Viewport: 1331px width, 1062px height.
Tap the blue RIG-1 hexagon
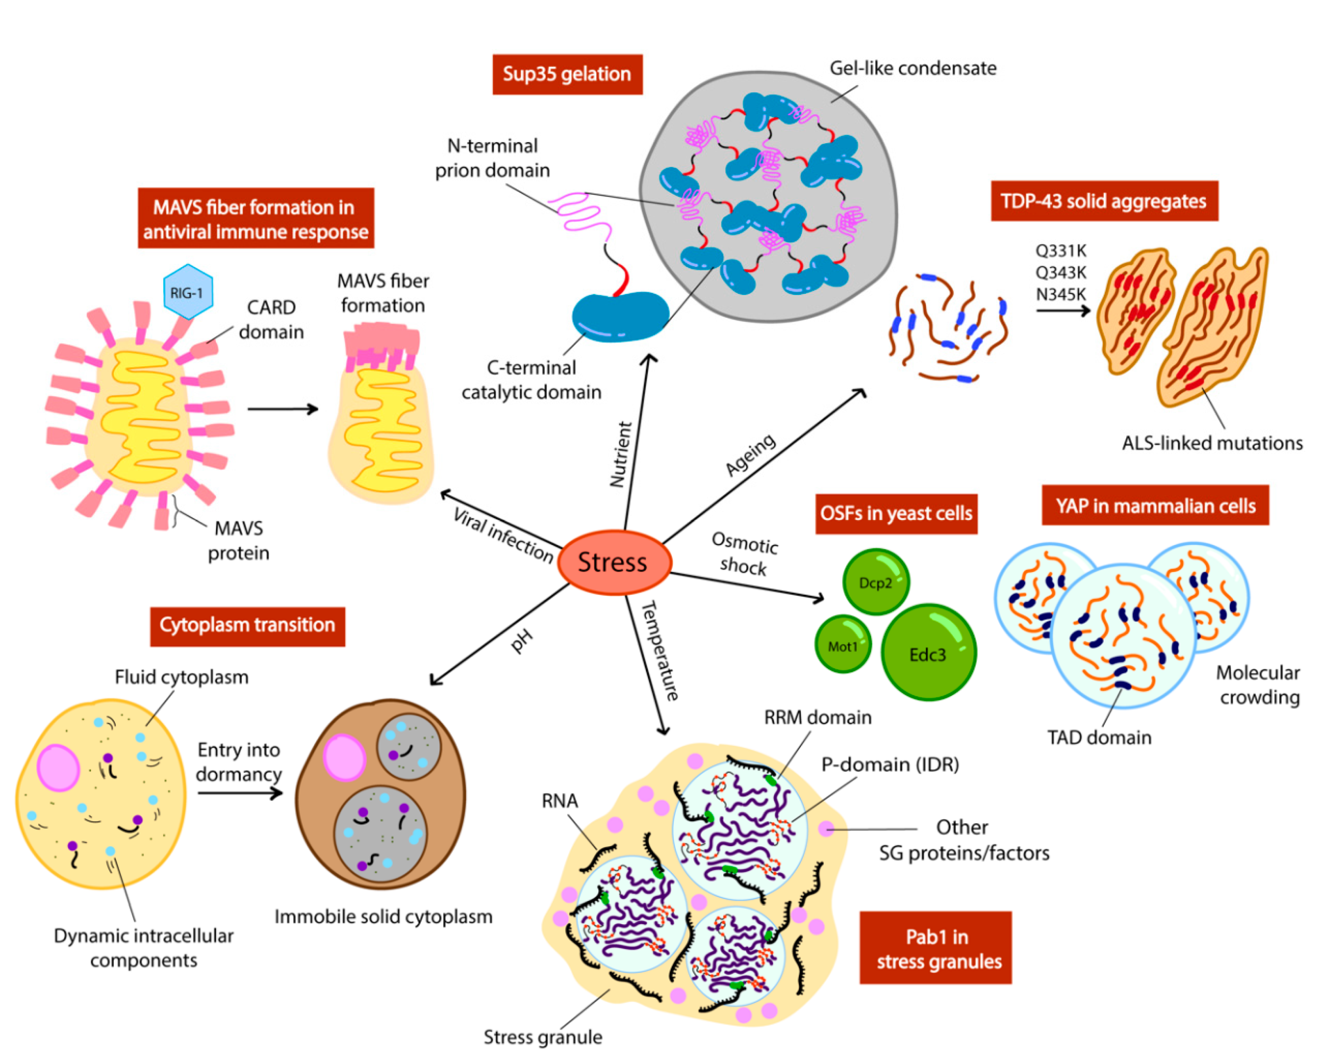188,292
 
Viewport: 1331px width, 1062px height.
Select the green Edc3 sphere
928,653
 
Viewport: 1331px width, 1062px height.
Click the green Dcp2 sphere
875,582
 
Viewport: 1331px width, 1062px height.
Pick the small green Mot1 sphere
843,645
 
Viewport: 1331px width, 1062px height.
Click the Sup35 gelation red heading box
567,74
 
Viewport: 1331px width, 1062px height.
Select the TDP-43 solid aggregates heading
1104,201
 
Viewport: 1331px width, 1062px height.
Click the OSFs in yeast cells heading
896,513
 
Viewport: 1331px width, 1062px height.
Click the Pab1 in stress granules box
935,948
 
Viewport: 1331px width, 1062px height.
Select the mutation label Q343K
1061,272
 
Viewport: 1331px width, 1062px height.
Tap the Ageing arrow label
750,455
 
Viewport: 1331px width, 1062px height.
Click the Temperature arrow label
660,651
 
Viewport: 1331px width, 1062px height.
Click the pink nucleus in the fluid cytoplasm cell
59,767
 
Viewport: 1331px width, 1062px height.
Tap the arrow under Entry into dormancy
240,792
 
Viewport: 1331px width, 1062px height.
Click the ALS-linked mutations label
1212,443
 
